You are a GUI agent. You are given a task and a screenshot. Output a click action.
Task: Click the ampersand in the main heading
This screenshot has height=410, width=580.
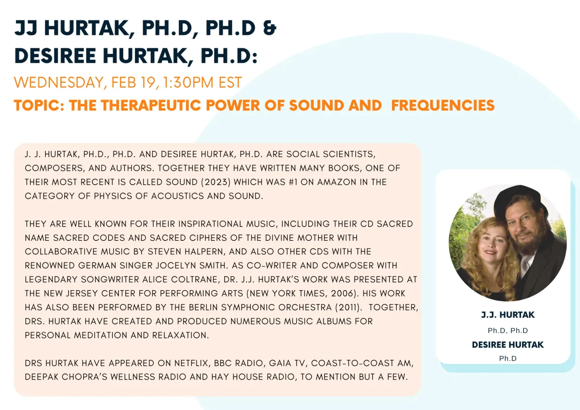(x=270, y=28)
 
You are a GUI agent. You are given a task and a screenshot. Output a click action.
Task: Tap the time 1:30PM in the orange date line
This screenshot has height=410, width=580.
(x=188, y=82)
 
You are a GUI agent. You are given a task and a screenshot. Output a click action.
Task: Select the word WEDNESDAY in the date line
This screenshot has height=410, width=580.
(x=58, y=83)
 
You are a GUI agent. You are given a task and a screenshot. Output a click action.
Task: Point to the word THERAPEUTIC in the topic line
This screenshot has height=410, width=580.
(x=151, y=105)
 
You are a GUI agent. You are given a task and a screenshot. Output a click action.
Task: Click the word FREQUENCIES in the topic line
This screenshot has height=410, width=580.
(x=443, y=105)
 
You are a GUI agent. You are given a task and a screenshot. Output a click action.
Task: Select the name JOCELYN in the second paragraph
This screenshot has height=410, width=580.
(x=179, y=265)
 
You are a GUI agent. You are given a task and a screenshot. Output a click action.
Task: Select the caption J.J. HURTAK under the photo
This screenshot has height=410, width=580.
(x=508, y=315)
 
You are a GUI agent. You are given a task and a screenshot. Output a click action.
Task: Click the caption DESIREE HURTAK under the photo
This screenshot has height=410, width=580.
(x=508, y=345)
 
